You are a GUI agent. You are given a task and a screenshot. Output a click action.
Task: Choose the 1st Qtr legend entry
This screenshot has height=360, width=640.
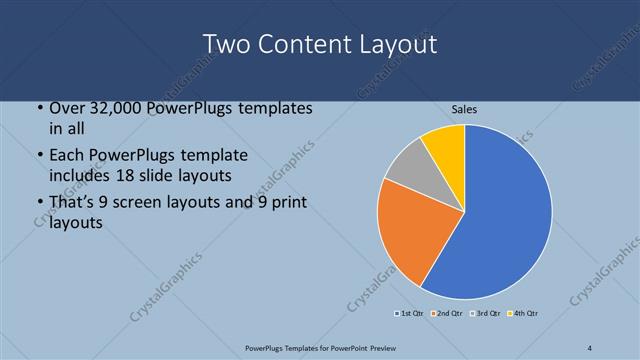411,314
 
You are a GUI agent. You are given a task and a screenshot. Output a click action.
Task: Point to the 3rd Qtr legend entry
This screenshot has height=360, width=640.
486,314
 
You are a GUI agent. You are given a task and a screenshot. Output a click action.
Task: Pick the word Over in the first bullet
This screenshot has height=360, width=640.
67,109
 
